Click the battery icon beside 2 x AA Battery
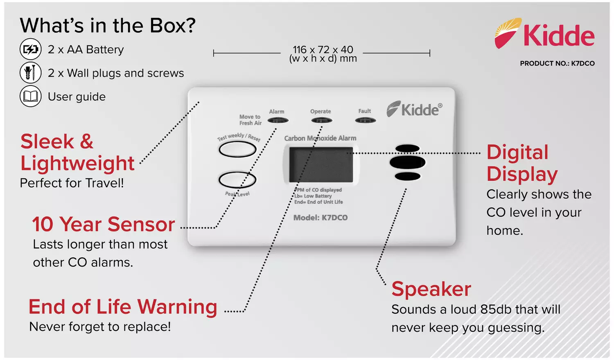[30, 49]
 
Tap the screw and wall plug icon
[30, 73]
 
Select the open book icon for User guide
[30, 97]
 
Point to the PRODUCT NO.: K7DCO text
[557, 63]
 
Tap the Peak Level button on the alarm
[237, 180]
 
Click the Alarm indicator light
[278, 120]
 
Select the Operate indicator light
[321, 120]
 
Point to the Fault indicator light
[365, 120]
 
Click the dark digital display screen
[321, 164]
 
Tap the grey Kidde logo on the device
[414, 109]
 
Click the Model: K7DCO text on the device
[321, 218]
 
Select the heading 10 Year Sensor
[104, 224]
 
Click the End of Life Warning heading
[123, 307]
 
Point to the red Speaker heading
[431, 289]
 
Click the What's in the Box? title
[108, 25]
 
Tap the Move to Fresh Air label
[250, 120]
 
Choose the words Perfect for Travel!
[72, 183]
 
